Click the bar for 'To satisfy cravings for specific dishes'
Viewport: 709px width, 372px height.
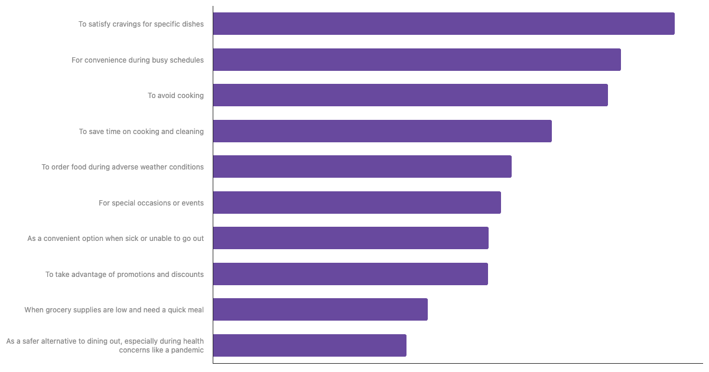pyautogui.click(x=444, y=24)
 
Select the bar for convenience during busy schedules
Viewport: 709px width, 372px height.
pyautogui.click(x=417, y=60)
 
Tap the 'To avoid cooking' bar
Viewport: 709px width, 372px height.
pyautogui.click(x=411, y=95)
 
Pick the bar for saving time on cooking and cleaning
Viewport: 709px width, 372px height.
pyautogui.click(x=382, y=131)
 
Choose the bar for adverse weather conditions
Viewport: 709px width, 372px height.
pyautogui.click(x=362, y=167)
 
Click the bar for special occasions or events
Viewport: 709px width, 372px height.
pyautogui.click(x=357, y=203)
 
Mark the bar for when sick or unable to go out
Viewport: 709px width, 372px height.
pyautogui.click(x=351, y=238)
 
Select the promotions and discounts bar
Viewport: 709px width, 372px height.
pyautogui.click(x=350, y=274)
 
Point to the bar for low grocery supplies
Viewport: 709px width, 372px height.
pyautogui.click(x=320, y=309)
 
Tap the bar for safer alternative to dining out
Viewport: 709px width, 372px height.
pyautogui.click(x=310, y=345)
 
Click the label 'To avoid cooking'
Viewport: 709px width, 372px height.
pyautogui.click(x=175, y=96)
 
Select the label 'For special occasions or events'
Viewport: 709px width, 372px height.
pyautogui.click(x=151, y=203)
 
